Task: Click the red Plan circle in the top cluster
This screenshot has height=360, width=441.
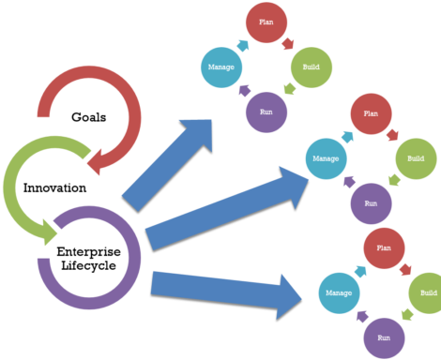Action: pos(266,23)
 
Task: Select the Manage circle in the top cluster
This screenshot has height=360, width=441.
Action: pos(220,67)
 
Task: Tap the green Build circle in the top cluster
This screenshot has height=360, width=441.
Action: pos(311,67)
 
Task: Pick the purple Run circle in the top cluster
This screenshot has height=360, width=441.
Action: pos(266,112)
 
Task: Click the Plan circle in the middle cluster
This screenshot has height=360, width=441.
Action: pos(371,113)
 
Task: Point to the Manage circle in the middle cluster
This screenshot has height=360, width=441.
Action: pos(326,158)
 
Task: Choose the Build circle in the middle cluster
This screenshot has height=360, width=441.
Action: pos(415,158)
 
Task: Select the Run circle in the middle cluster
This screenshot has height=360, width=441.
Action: pos(371,203)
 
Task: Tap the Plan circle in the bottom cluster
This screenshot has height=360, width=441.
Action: pos(383,248)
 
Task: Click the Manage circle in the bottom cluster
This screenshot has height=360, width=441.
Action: pos(339,292)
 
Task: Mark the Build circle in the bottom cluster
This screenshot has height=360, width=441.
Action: pos(427,292)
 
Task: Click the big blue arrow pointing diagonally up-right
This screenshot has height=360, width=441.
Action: pos(169,164)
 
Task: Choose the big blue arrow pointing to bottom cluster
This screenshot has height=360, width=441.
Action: pos(225,288)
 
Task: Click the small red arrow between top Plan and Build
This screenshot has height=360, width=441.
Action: pos(288,44)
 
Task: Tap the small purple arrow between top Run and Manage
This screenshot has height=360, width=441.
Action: pos(244,91)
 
